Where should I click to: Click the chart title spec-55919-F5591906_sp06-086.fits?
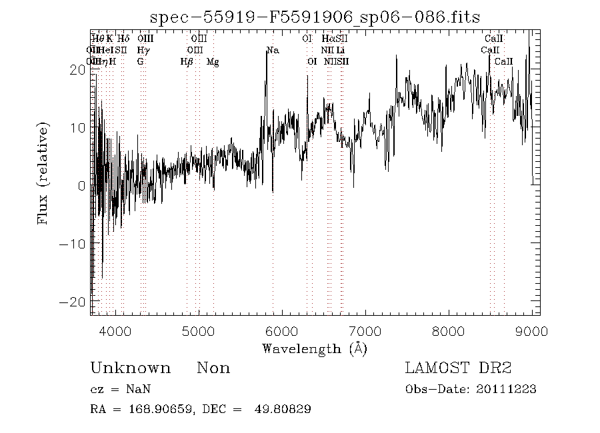coord(315,17)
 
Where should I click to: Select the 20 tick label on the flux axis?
coord(77,69)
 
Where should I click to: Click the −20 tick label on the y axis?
coord(73,302)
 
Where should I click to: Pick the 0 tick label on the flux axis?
coord(81,186)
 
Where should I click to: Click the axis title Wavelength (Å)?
coord(315,348)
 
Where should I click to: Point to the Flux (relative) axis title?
coord(44,173)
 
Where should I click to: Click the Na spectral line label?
coord(273,51)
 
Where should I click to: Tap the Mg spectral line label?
coord(213,62)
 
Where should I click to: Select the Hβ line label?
coord(187,62)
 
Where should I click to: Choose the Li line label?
coord(341,51)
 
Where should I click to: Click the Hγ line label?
coord(143,51)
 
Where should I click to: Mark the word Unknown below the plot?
coord(130,368)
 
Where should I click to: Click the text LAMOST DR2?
coord(458,368)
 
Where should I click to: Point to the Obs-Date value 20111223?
coord(507,390)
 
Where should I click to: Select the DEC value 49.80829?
coord(283,410)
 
